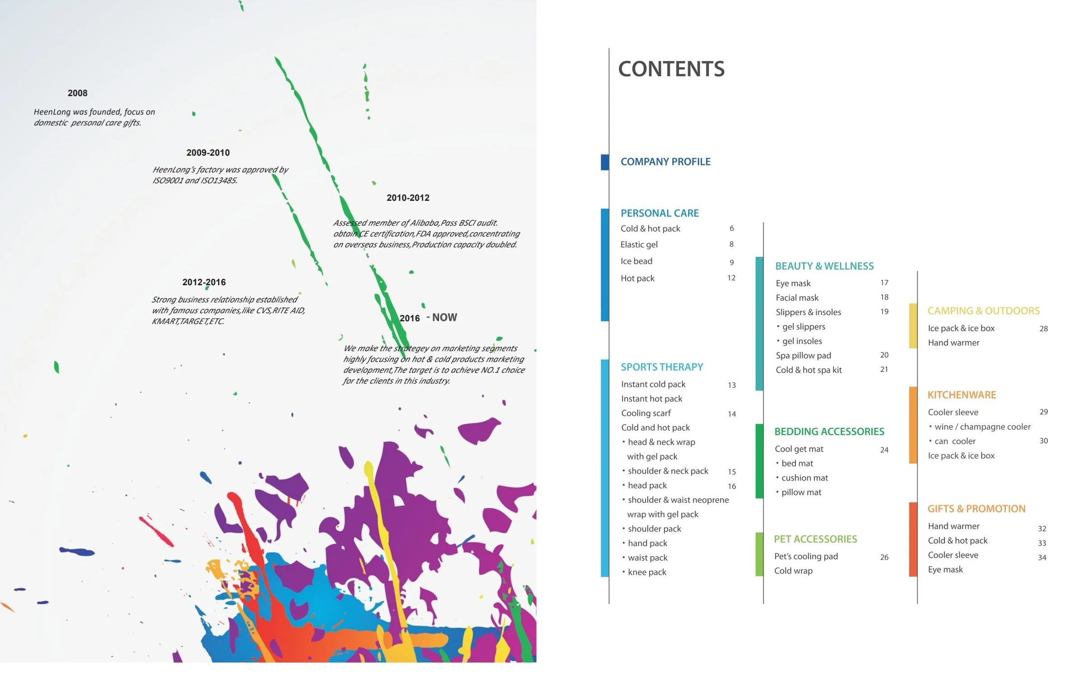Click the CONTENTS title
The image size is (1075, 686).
click(x=671, y=69)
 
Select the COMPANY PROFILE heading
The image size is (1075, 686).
click(x=665, y=162)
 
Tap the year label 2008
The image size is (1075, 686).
click(x=77, y=93)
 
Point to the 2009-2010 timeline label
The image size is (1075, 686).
click(x=208, y=153)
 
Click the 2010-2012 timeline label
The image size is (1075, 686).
click(x=408, y=198)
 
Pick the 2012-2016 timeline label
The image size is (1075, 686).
click(x=204, y=282)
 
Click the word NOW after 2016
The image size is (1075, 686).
click(x=444, y=317)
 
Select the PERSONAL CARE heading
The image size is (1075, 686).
click(x=659, y=213)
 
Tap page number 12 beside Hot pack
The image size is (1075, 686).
click(x=731, y=278)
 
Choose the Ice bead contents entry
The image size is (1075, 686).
click(x=636, y=261)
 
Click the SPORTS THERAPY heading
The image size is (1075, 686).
click(x=662, y=367)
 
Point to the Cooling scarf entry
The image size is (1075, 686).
click(x=646, y=413)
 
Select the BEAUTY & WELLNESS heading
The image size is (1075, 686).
click(x=824, y=266)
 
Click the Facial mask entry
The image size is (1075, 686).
click(x=797, y=297)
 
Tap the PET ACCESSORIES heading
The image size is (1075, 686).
click(x=815, y=539)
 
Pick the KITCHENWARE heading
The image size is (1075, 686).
click(x=962, y=395)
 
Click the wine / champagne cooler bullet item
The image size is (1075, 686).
click(x=982, y=426)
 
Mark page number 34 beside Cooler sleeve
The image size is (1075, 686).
click(x=1042, y=557)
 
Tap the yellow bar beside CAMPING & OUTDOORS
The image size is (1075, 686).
click(x=913, y=326)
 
